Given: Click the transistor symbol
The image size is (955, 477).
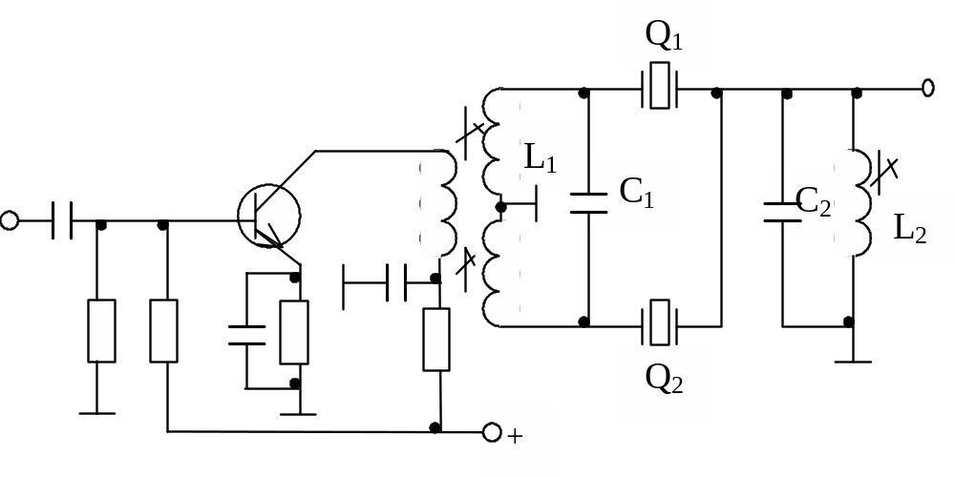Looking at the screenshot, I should tap(268, 218).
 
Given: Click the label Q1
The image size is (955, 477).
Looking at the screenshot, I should tap(664, 36).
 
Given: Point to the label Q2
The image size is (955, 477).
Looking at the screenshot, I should tap(664, 379).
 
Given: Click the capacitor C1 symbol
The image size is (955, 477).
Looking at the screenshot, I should tap(587, 203).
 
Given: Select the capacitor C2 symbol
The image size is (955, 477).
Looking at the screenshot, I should tap(784, 211).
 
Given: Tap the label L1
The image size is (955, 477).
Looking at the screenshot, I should tap(540, 158).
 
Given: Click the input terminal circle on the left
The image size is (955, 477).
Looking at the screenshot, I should tap(10, 221).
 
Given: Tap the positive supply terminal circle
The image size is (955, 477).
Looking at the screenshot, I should tap(492, 432).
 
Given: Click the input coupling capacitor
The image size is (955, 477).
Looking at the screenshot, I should tap(62, 221).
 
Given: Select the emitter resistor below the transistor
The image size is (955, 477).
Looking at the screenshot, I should tap(294, 331).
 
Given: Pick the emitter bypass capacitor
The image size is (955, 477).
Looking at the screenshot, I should tap(246, 334).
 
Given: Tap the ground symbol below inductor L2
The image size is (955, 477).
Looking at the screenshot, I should tap(850, 361).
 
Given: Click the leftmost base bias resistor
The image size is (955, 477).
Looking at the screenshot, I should tap(101, 331).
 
